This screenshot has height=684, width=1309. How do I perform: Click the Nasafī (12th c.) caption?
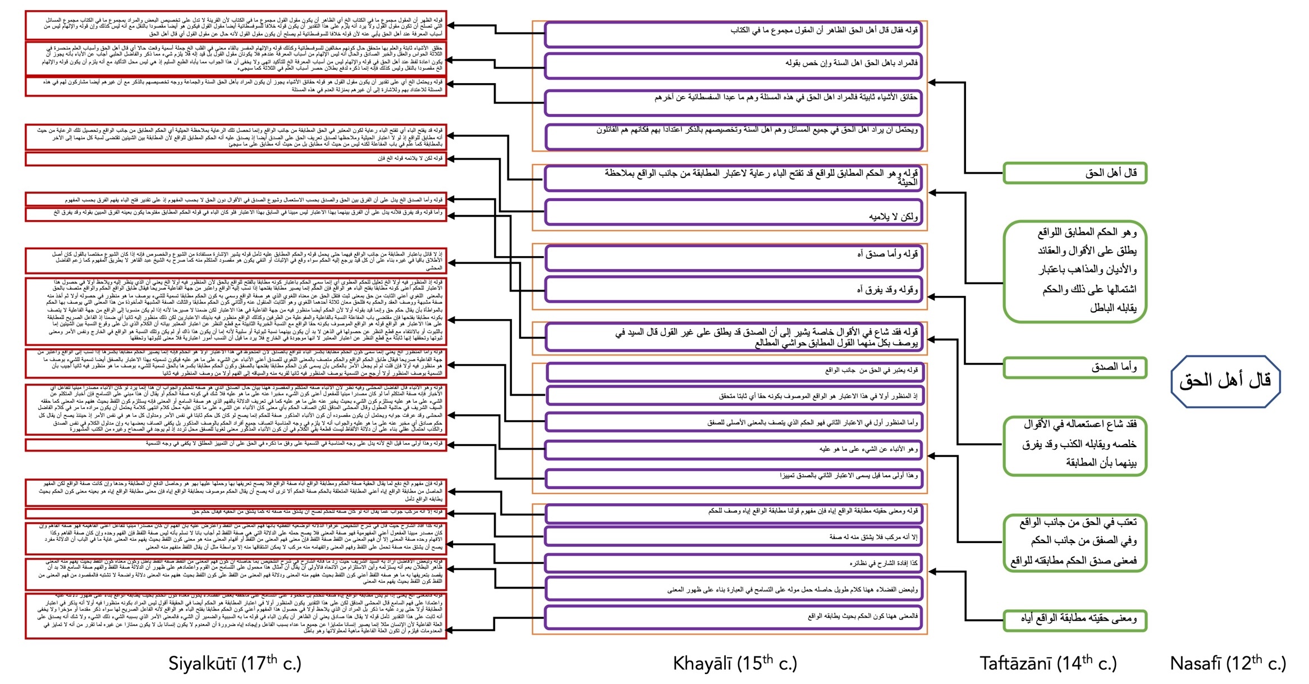pyautogui.click(x=1228, y=664)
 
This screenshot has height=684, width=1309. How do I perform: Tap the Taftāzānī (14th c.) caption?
pyautogui.click(x=1048, y=664)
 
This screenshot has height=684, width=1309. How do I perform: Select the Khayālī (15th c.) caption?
pyautogui.click(x=735, y=664)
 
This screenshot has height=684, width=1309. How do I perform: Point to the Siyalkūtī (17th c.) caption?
pyautogui.click(x=235, y=664)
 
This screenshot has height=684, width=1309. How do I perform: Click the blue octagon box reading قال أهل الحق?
pyautogui.click(x=1225, y=381)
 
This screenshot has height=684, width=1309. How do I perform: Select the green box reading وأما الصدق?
pyautogui.click(x=1074, y=368)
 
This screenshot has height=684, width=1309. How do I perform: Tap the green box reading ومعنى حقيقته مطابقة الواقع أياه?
pyautogui.click(x=1074, y=619)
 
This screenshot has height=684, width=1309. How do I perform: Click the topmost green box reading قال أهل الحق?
pyautogui.click(x=1074, y=173)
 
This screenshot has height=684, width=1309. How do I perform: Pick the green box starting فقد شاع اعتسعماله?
pyautogui.click(x=1074, y=444)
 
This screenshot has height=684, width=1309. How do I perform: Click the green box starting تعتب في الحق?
pyautogui.click(x=1074, y=542)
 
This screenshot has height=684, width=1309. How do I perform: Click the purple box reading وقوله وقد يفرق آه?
pyautogui.click(x=734, y=289)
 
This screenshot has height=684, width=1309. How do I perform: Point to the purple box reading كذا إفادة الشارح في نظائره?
pyautogui.click(x=734, y=563)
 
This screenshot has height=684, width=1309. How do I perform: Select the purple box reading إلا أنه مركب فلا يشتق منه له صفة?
pyautogui.click(x=734, y=537)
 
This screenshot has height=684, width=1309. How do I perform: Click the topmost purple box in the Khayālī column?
pyautogui.click(x=734, y=34)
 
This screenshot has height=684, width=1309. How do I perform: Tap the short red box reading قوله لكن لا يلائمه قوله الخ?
pyautogui.click(x=236, y=159)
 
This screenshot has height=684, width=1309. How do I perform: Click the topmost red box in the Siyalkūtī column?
pyautogui.click(x=236, y=26)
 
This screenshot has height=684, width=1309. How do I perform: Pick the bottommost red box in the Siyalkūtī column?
pyautogui.click(x=236, y=616)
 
